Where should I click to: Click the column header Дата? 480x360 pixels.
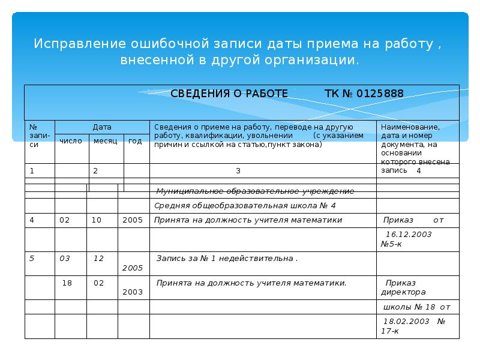pos(101,127)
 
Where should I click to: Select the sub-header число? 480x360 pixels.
pos(71,140)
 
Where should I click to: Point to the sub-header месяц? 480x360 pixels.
pos(106,140)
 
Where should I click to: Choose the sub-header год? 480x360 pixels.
pos(135,140)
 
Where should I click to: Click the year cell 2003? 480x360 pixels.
pos(132,292)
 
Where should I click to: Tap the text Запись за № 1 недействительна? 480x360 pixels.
pos(227,259)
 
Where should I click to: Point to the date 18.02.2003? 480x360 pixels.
pos(407,321)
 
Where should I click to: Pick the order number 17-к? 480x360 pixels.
pos(389,331)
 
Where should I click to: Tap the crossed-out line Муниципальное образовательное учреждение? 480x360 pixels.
pos(255,191)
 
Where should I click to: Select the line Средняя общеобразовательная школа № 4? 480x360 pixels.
pos(245,205)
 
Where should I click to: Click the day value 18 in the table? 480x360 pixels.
pos(67,283)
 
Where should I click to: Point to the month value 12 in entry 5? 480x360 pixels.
pos(98,259)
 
